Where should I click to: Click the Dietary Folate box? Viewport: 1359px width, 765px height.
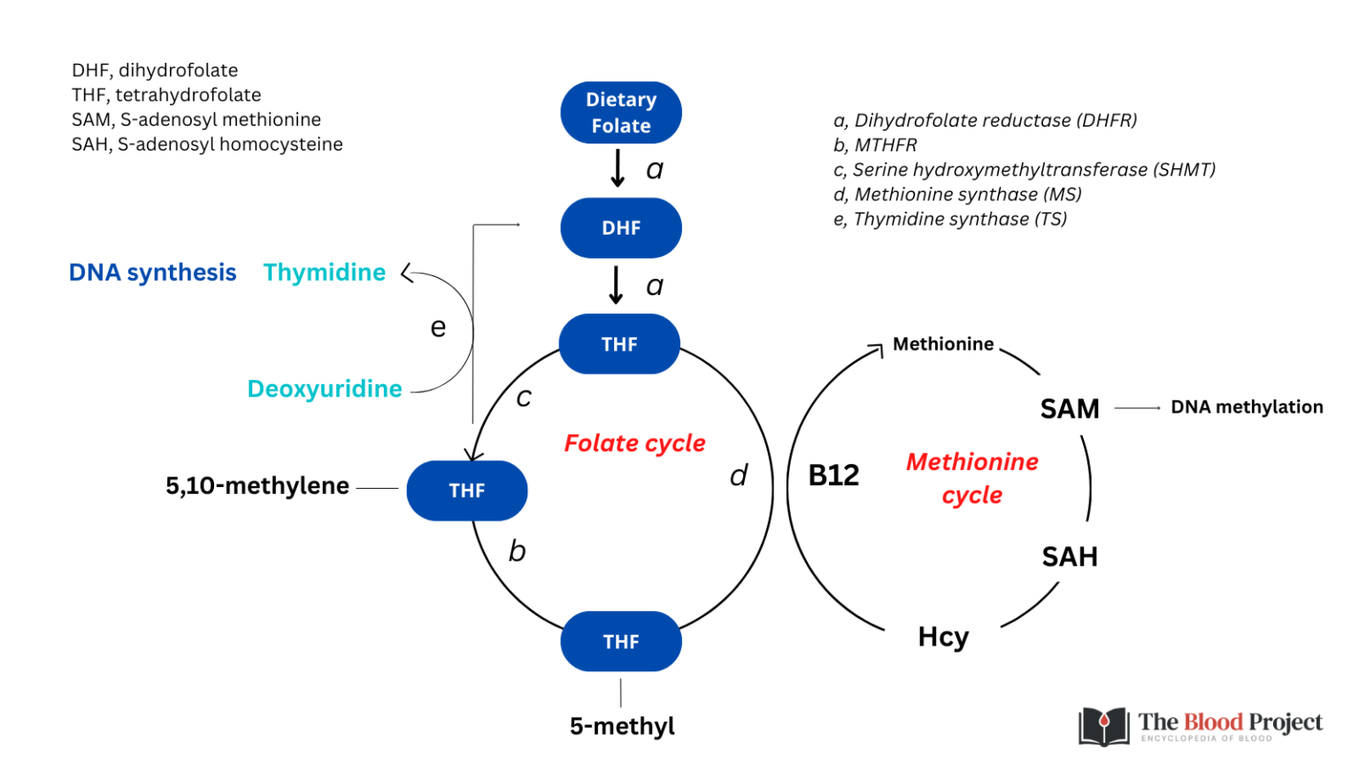click(x=621, y=112)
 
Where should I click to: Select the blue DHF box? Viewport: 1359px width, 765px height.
click(x=621, y=228)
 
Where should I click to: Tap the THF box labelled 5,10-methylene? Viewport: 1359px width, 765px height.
click(x=467, y=491)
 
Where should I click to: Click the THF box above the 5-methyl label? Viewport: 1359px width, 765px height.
click(x=621, y=641)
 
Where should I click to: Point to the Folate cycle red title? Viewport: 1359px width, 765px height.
click(x=634, y=443)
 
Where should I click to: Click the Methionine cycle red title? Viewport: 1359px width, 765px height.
click(x=971, y=477)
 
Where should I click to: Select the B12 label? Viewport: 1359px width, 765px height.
click(x=833, y=475)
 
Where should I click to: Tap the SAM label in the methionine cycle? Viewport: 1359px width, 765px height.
click(x=1070, y=409)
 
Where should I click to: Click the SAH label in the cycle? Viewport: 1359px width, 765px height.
click(x=1070, y=557)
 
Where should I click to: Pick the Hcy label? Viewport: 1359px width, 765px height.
click(x=943, y=637)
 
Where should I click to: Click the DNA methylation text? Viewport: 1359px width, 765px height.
click(x=1247, y=407)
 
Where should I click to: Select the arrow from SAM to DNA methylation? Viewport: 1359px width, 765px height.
click(x=1138, y=408)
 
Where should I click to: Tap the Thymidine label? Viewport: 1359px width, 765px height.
click(x=325, y=273)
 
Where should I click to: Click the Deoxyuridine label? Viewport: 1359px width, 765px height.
click(x=325, y=389)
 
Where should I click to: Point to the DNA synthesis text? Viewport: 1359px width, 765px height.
click(x=153, y=273)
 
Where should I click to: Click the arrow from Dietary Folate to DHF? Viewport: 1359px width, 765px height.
click(x=618, y=168)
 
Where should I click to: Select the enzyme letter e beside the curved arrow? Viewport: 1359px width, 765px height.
click(x=438, y=328)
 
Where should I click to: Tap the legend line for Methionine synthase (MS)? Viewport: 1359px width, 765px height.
click(x=957, y=194)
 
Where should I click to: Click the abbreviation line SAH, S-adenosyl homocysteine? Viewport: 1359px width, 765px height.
click(x=207, y=144)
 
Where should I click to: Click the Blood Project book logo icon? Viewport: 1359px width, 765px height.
click(x=1103, y=726)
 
